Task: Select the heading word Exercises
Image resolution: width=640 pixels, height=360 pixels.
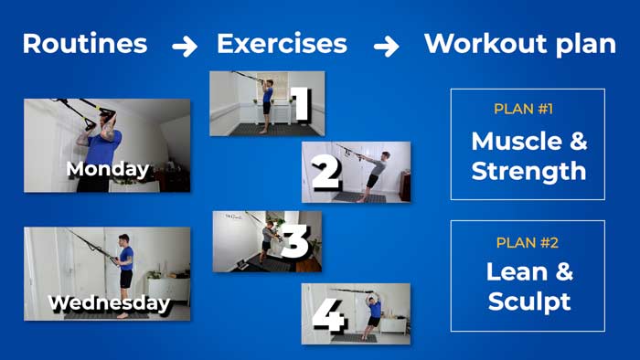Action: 282,44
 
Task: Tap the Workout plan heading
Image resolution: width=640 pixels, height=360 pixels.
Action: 519,44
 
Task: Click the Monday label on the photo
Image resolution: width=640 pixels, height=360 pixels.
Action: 107,169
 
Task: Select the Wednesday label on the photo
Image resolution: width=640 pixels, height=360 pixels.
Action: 108,302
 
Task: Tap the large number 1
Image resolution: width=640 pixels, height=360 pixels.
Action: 300,104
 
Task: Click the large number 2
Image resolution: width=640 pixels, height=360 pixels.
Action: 325,173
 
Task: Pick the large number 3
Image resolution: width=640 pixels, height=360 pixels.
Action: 294,243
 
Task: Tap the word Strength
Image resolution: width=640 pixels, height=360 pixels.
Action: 528,171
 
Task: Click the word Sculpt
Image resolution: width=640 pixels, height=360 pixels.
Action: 528,302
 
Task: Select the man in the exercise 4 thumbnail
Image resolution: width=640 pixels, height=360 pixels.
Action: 373,312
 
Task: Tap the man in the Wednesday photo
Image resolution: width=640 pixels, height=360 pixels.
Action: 125,265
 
